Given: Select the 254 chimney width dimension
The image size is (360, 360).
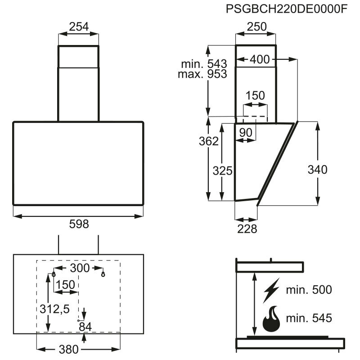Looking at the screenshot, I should pos(79,27).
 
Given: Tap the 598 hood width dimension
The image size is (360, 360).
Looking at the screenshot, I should pos(79,224).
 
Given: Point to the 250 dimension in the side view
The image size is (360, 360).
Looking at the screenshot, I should pos(257,27).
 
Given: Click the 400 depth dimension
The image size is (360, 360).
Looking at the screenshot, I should pos(260,59).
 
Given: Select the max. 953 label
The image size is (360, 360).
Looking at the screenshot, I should pos(202,74).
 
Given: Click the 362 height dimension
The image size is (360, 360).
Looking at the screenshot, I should pos(209,141).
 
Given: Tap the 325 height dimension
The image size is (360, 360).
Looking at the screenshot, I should pos(222,171).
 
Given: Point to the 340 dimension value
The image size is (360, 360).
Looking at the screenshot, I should pos(317,170).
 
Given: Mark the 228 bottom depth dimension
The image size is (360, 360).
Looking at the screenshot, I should pos(247,229).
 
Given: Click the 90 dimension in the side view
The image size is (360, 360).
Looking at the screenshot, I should pos(245,132).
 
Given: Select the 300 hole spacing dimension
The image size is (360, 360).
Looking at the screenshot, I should pos(80,269).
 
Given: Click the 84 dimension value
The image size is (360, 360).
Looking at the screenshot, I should pos(84,326).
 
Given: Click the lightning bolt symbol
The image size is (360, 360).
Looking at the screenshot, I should pos(271,290).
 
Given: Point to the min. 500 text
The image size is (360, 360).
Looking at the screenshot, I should pos(309,290).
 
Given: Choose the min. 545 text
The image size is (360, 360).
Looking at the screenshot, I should pos(309,319).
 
